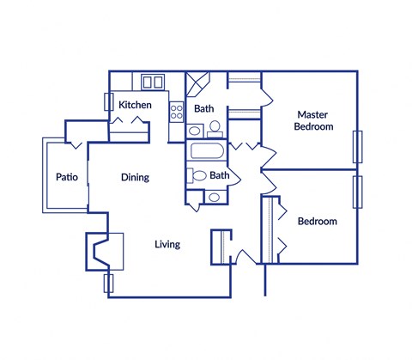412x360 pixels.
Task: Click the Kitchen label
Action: pos(135,105)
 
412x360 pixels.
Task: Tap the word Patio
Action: pos(67,178)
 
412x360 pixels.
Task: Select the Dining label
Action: pos(135,178)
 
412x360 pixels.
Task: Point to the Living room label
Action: pos(167,244)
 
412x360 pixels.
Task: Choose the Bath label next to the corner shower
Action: pos(203,109)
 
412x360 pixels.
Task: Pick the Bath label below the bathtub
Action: pos(220,175)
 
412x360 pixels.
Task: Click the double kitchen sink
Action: pos(153,82)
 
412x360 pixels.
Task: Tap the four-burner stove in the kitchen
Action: pos(178,110)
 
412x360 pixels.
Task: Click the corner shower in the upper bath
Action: pos(198,83)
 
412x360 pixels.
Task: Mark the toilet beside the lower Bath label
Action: pos(198,176)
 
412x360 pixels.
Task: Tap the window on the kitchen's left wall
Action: pos(108,100)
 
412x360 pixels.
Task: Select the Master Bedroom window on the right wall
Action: pos(357,146)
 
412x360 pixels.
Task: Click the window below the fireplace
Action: pos(108,283)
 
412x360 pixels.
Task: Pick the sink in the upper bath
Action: pos(194,131)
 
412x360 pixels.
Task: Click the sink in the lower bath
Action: pos(213,196)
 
